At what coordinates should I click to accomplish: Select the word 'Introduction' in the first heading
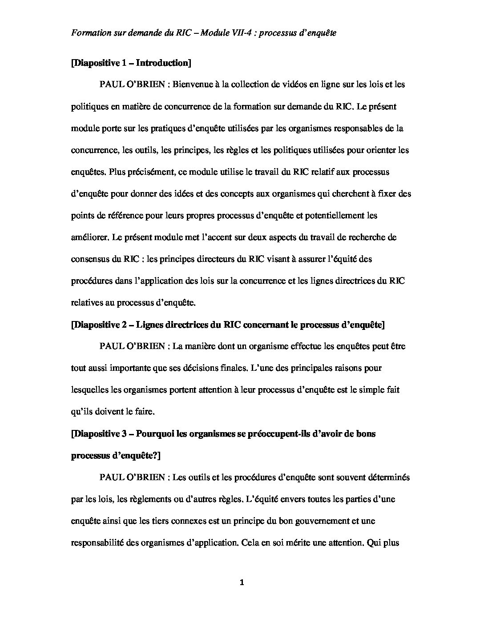coord(162,63)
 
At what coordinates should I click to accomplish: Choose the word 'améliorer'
coord(90,237)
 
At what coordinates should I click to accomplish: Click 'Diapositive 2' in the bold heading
coord(100,325)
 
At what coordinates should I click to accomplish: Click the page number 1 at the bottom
coord(242,583)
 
